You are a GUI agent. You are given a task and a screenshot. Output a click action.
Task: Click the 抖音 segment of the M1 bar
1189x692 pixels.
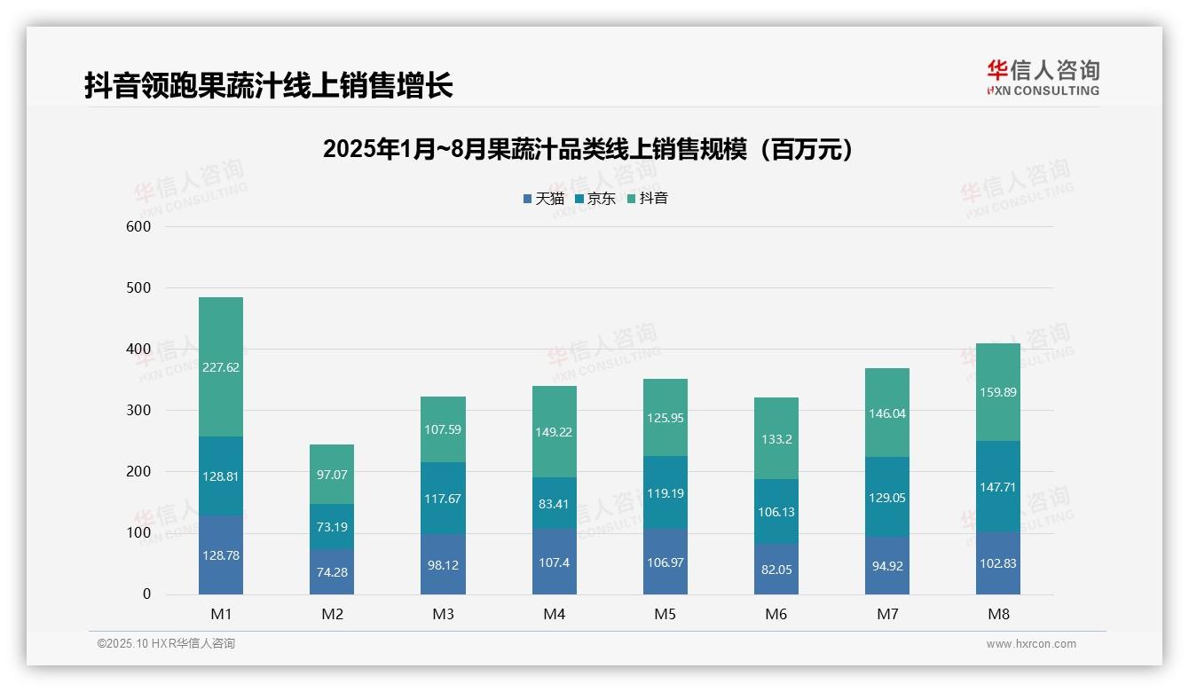[x=221, y=366]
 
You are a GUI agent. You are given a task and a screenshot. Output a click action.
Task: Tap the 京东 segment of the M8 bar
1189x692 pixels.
[x=998, y=486]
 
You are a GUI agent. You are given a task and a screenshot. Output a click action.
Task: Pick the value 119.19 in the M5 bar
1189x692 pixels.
[x=665, y=493]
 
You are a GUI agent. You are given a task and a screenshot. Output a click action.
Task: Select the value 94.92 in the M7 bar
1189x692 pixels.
[x=887, y=566]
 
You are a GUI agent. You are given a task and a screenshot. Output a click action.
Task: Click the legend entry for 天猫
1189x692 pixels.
[x=543, y=199]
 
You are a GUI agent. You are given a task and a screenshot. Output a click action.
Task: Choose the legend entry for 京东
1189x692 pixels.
[x=595, y=199]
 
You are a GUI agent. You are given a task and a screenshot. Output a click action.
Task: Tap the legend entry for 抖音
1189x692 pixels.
[x=648, y=199]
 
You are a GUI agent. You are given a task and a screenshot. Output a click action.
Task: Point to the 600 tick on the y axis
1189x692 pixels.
[x=139, y=227]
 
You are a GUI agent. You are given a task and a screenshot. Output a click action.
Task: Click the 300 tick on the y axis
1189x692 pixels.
[x=139, y=411]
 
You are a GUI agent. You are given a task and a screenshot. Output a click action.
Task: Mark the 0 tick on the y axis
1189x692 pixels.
[x=146, y=594]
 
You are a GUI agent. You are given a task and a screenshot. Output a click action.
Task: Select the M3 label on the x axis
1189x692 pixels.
[x=444, y=614]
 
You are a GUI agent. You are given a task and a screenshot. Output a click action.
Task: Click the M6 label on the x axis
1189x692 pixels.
[x=776, y=614]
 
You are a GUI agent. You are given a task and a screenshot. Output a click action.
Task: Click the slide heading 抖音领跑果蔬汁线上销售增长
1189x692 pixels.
[x=269, y=85]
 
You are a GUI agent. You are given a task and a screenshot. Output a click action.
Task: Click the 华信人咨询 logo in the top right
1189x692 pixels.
[x=1043, y=78]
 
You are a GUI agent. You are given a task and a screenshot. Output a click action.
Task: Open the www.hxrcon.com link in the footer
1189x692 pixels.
[x=1031, y=644]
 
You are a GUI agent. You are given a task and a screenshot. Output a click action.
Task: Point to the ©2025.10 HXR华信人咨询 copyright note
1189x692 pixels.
[x=166, y=644]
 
